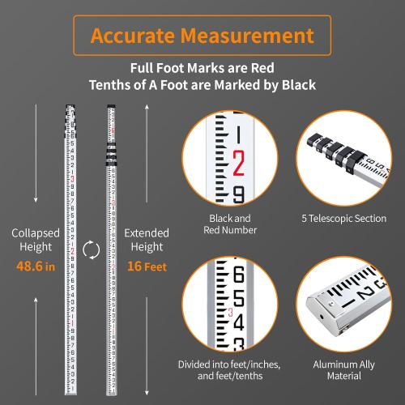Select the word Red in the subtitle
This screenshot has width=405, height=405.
(279, 69)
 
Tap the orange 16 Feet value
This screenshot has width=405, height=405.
(147, 266)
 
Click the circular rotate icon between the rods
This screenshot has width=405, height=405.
(92, 249)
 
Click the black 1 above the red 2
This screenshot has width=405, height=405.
(238, 134)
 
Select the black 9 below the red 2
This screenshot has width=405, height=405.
(238, 194)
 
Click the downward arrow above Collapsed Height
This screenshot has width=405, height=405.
(36, 158)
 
